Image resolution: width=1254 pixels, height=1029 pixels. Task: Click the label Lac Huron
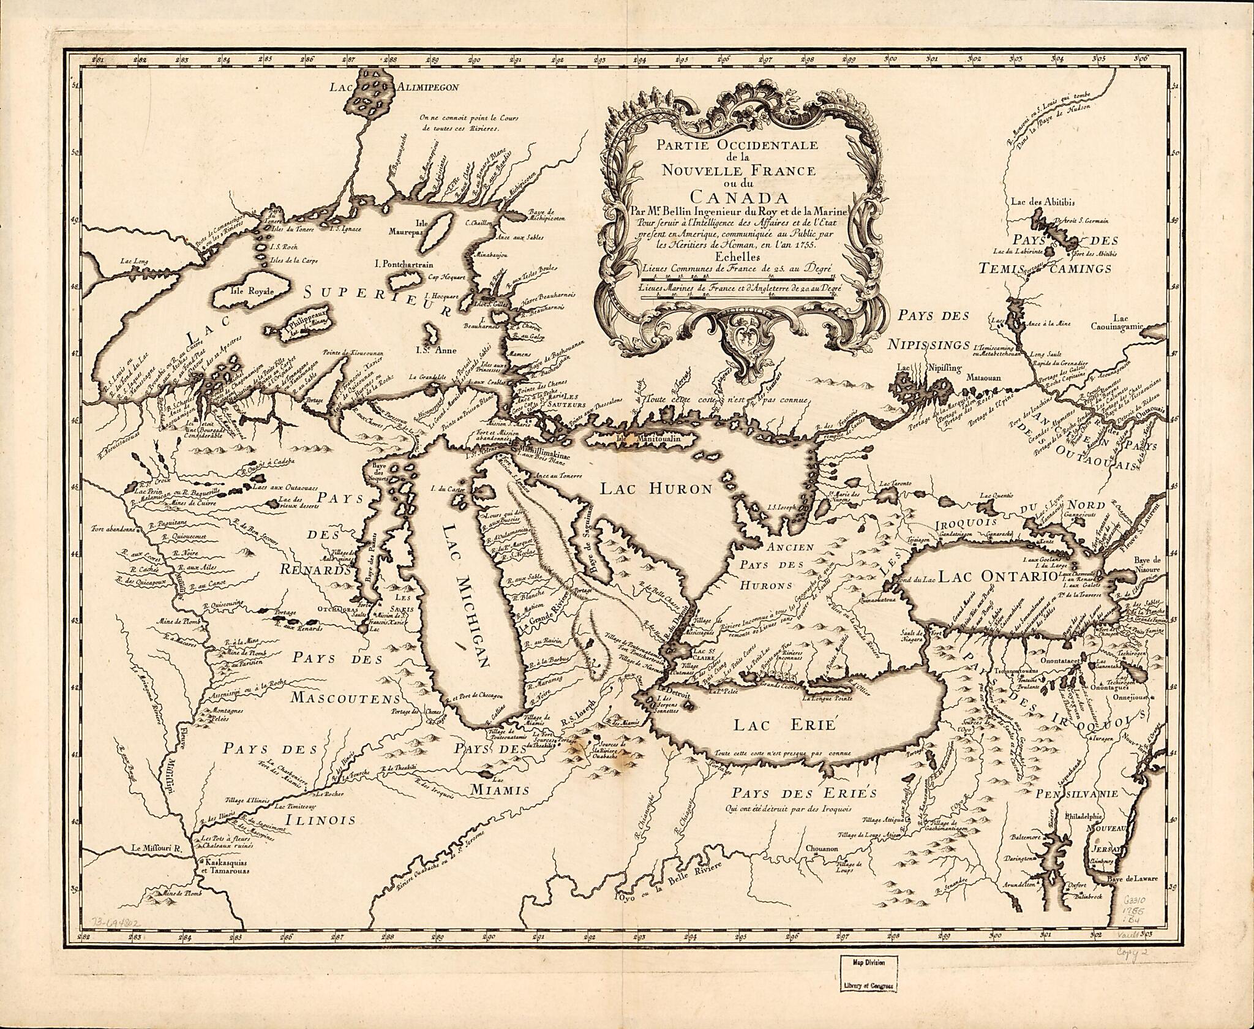pos(656,488)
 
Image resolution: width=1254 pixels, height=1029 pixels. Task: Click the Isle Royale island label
pos(256,292)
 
